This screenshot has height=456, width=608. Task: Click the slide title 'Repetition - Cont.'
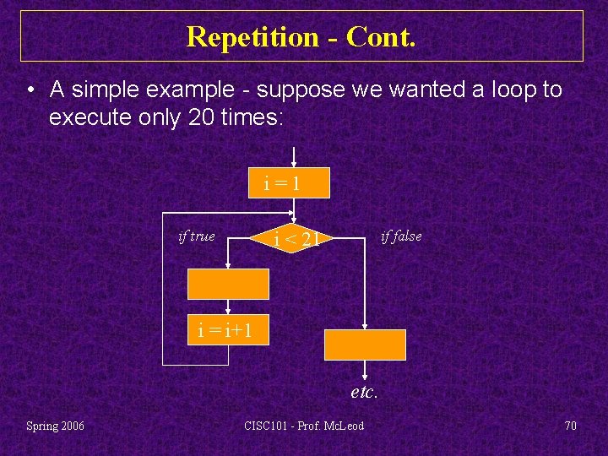pos(301,36)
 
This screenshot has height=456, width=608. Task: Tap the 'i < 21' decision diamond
pos(294,238)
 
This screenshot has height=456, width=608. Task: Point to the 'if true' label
pos(197,236)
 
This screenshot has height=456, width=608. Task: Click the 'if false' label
pos(400,236)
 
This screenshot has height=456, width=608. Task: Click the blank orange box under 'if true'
pos(228,284)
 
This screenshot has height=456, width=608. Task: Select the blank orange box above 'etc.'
pos(365,345)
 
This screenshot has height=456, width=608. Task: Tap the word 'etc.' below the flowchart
pos(364,392)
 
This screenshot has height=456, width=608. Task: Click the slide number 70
pos(570,426)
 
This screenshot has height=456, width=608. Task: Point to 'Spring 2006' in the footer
pos(55,426)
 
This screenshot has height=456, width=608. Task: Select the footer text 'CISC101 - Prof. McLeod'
pos(303,426)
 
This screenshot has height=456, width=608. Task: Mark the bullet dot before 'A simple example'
pos(30,90)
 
